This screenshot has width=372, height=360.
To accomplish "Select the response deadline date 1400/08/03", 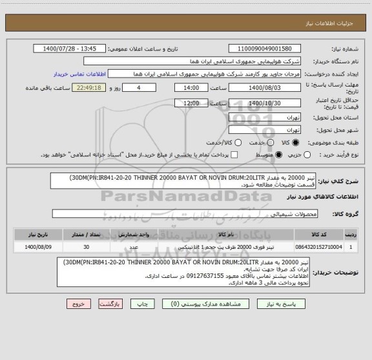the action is tap(265, 87).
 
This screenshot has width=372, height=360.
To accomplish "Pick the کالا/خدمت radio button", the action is tap(238, 142).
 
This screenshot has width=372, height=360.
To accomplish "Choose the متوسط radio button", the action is tap(279, 154).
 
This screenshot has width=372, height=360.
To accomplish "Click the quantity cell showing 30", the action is tap(86, 247).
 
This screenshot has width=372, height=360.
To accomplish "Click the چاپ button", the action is tap(109, 303).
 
